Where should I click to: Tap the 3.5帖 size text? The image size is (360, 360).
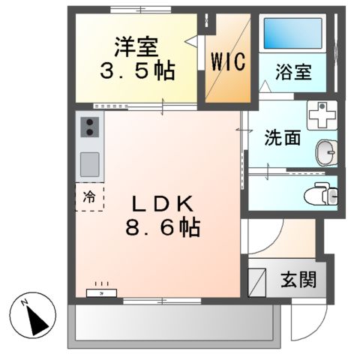coord(139,72)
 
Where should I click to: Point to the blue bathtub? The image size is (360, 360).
coord(292,34)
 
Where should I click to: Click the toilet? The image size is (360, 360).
coord(324,193)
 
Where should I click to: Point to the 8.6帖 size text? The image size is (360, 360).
coord(163,228)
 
